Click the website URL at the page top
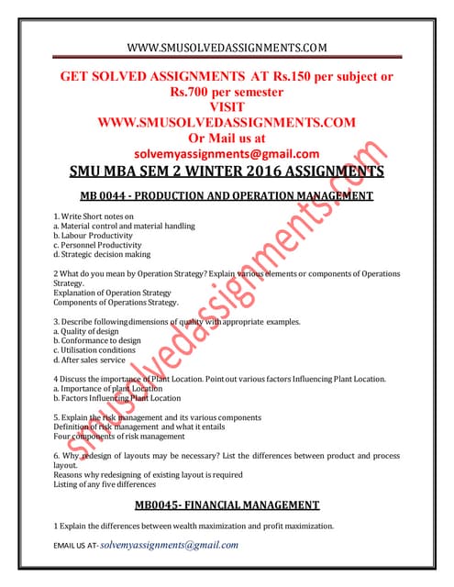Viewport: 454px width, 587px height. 226,47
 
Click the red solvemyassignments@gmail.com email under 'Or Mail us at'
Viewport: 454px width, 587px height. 226,153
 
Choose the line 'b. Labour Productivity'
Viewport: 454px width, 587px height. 93,235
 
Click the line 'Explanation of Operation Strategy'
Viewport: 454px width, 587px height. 113,293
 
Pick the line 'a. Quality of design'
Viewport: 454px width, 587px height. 90,331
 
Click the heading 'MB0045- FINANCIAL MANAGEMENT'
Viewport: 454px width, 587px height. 226,504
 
